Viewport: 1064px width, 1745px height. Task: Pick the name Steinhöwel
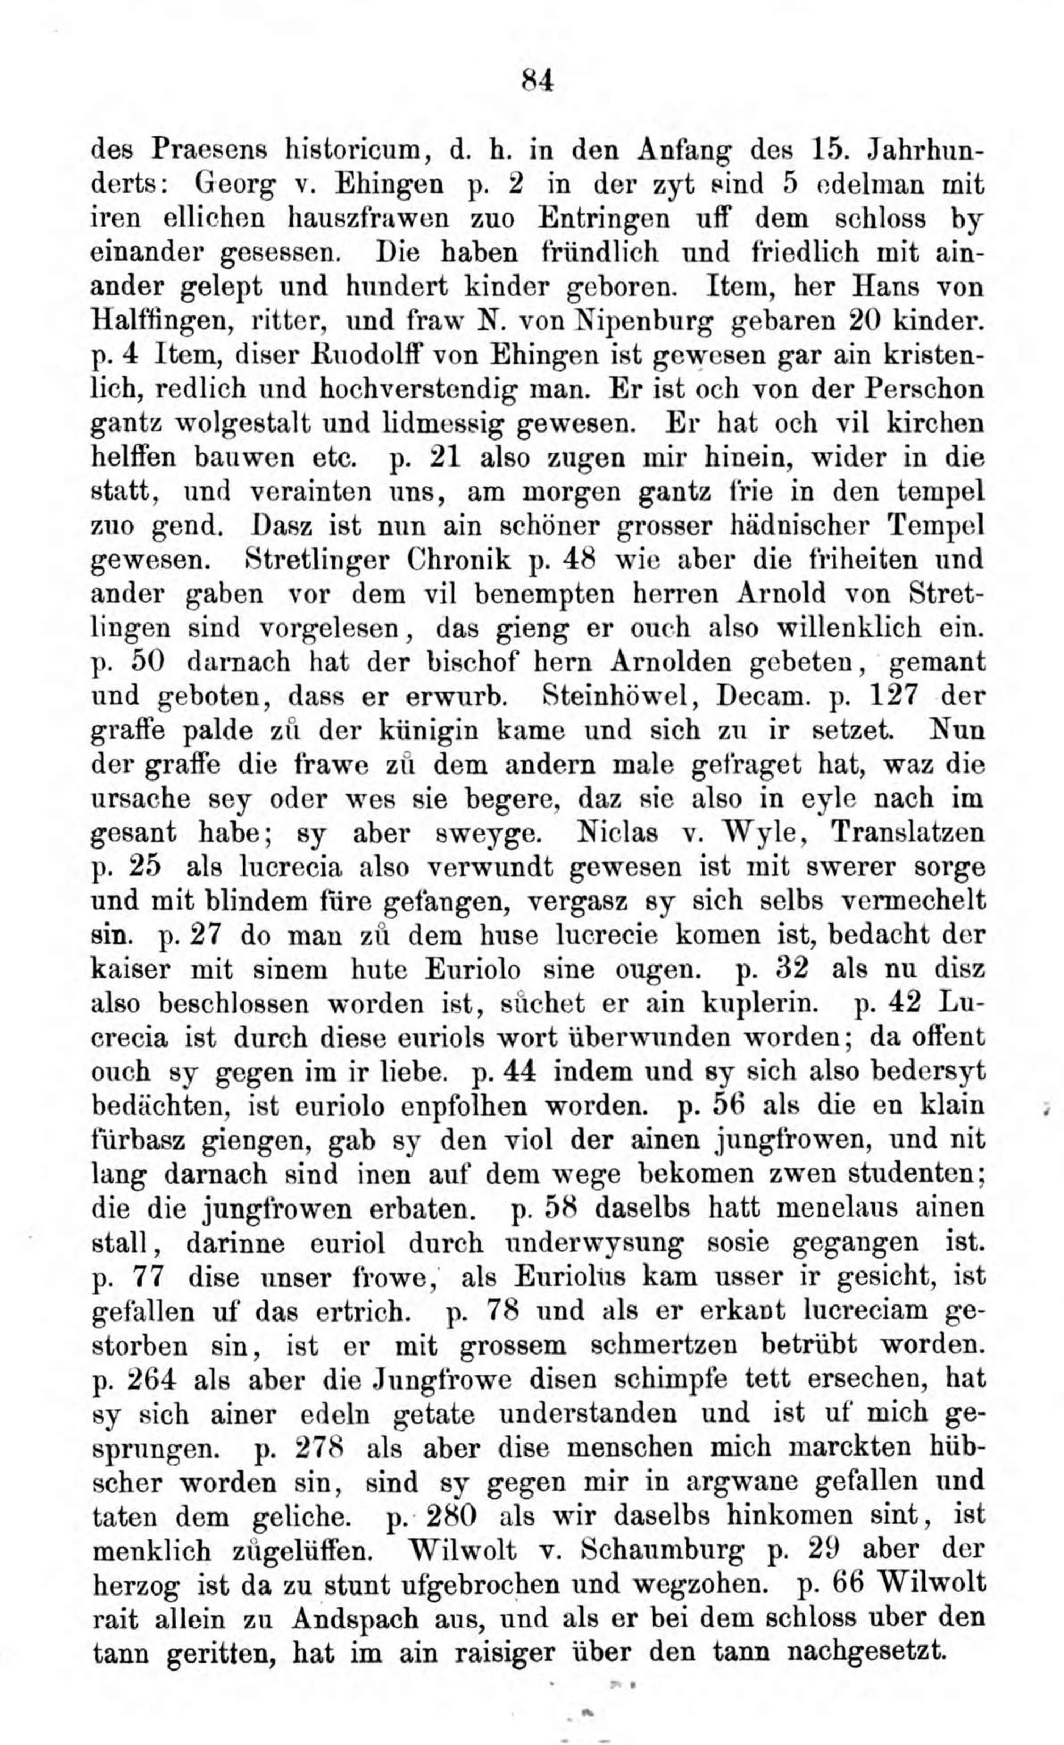coord(619,697)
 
